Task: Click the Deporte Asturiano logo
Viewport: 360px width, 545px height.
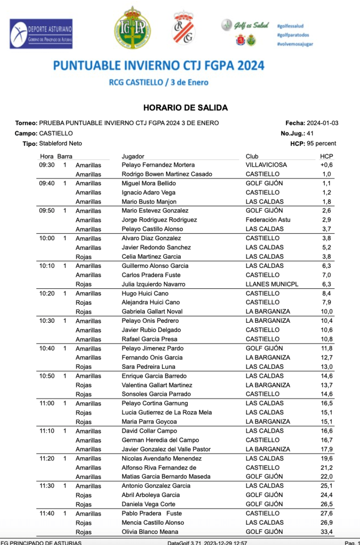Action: [x=42, y=34]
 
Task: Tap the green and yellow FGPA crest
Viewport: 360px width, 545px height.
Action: [x=132, y=28]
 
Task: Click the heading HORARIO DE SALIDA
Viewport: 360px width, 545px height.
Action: [x=185, y=108]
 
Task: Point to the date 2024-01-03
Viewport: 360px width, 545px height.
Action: [x=323, y=123]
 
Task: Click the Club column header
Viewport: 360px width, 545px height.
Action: [x=252, y=156]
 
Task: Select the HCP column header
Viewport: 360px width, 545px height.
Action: [x=326, y=156]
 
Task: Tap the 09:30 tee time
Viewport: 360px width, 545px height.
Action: [x=47, y=165]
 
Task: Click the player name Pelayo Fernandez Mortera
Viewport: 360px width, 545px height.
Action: [x=158, y=165]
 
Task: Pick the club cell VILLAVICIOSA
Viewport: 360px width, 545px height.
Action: [x=266, y=165]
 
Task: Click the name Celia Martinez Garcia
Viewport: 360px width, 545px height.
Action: [x=151, y=257]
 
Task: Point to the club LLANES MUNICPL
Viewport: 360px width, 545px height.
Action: [x=272, y=284]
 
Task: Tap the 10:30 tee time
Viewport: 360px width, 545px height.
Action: [x=47, y=321]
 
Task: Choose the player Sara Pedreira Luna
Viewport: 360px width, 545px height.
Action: [x=149, y=367]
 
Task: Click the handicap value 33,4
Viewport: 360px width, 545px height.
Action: [x=326, y=532]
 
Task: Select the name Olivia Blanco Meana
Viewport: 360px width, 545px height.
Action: [x=151, y=532]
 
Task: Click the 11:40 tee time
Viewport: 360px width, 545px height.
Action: [x=47, y=514]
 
